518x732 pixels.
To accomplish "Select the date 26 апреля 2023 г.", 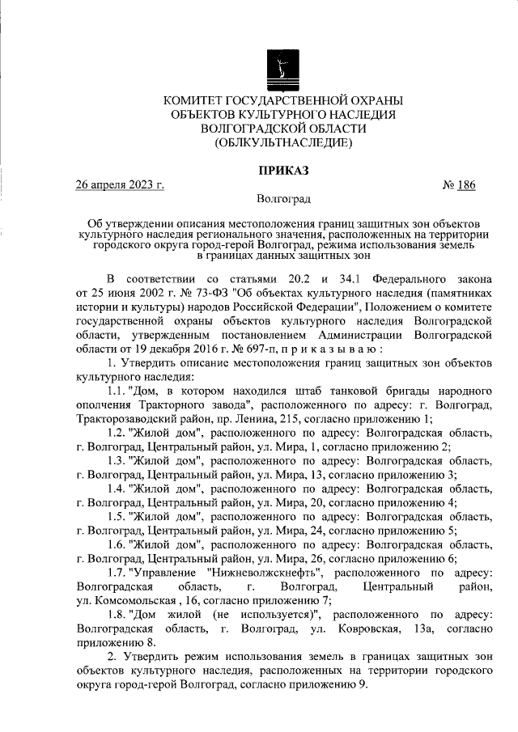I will [120, 184].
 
